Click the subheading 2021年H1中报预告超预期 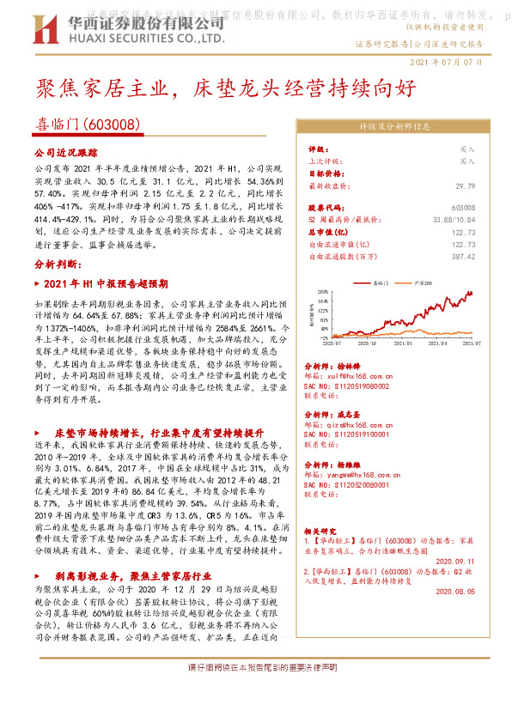106,283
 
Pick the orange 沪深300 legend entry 423,282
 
